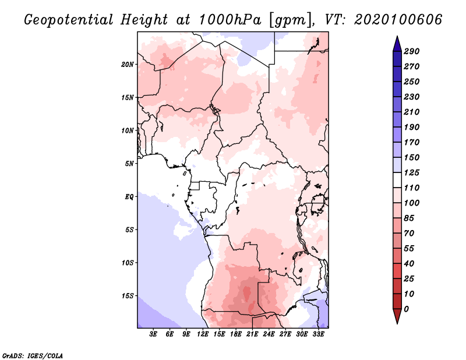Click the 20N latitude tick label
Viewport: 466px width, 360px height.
128,64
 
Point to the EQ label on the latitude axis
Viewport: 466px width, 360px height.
129,196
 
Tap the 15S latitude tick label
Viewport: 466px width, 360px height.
128,295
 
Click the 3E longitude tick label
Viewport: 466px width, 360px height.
153,334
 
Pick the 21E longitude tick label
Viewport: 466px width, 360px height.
253,334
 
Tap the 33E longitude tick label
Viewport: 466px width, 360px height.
319,334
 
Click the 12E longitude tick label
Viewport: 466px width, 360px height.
203,334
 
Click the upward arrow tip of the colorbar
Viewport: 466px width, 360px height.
397,38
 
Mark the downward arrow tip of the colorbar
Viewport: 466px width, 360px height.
397,322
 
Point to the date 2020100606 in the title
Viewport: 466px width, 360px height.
397,20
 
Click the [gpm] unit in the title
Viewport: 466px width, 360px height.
289,20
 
